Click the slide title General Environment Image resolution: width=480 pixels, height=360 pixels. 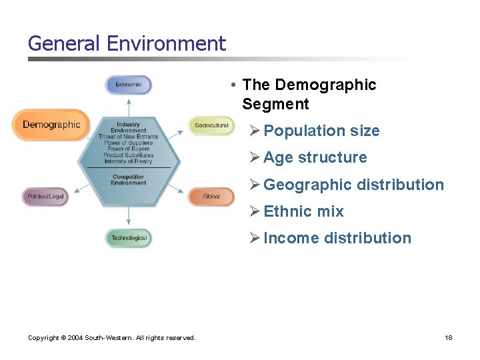[x=127, y=44]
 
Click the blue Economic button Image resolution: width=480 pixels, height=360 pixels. [x=129, y=85]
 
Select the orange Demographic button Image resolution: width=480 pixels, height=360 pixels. [x=51, y=125]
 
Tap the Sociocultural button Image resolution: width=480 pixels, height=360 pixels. [x=211, y=125]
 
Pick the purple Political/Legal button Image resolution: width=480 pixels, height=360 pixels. [x=45, y=197]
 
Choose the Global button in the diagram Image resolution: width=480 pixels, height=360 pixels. [x=211, y=197]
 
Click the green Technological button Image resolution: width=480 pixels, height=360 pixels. [x=129, y=238]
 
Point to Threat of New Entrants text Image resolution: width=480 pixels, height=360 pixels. [x=128, y=137]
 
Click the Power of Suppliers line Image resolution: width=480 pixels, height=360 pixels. [x=128, y=143]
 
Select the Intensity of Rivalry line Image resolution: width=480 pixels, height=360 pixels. [x=128, y=161]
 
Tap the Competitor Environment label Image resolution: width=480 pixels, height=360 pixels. [x=128, y=179]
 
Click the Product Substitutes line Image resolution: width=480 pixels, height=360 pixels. [x=128, y=155]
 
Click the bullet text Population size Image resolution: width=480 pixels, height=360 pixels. [x=321, y=131]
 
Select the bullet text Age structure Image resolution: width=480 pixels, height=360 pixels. [x=315, y=157]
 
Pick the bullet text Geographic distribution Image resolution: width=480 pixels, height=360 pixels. [x=353, y=185]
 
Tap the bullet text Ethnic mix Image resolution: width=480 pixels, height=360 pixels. [x=303, y=211]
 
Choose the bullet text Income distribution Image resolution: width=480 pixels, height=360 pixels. [x=337, y=238]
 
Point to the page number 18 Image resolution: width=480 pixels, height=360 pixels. [x=449, y=338]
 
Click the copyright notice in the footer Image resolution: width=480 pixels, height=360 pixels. [x=112, y=338]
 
